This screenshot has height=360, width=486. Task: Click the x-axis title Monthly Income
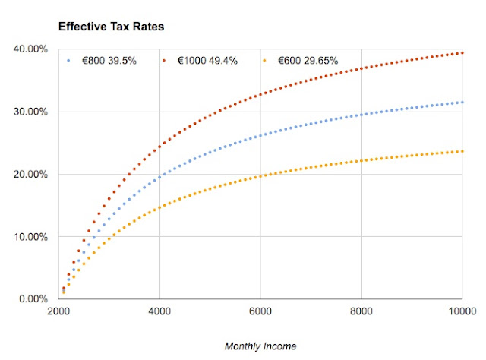click(x=260, y=346)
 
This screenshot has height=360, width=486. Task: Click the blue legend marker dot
click(x=69, y=60)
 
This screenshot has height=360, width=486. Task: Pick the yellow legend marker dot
click(x=264, y=60)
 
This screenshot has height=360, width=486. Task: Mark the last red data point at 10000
click(x=462, y=52)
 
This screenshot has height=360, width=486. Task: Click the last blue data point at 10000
click(x=462, y=103)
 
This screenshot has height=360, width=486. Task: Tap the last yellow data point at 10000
click(x=462, y=151)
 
